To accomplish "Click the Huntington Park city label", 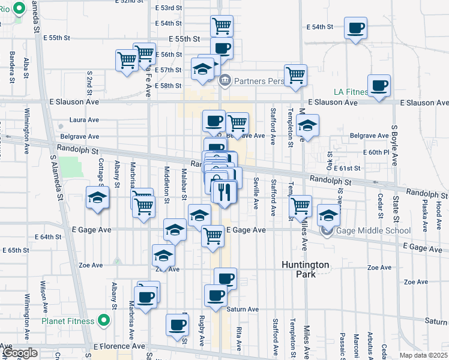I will tap(306, 269).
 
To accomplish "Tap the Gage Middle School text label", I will tap(373, 231).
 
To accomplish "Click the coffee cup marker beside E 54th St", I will tap(355, 28).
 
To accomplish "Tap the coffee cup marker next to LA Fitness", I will tap(379, 85).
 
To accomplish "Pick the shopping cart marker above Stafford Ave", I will tap(295, 76).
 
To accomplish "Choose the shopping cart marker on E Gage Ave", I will tap(212, 236).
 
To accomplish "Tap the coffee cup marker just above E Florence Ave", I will tap(176, 325).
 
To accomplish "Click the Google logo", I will tap(19, 352).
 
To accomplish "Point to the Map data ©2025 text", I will tap(423, 355).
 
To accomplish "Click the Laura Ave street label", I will tap(84, 120).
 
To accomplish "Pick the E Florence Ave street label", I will tap(119, 346).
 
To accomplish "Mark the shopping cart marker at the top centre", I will tap(221, 26).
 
